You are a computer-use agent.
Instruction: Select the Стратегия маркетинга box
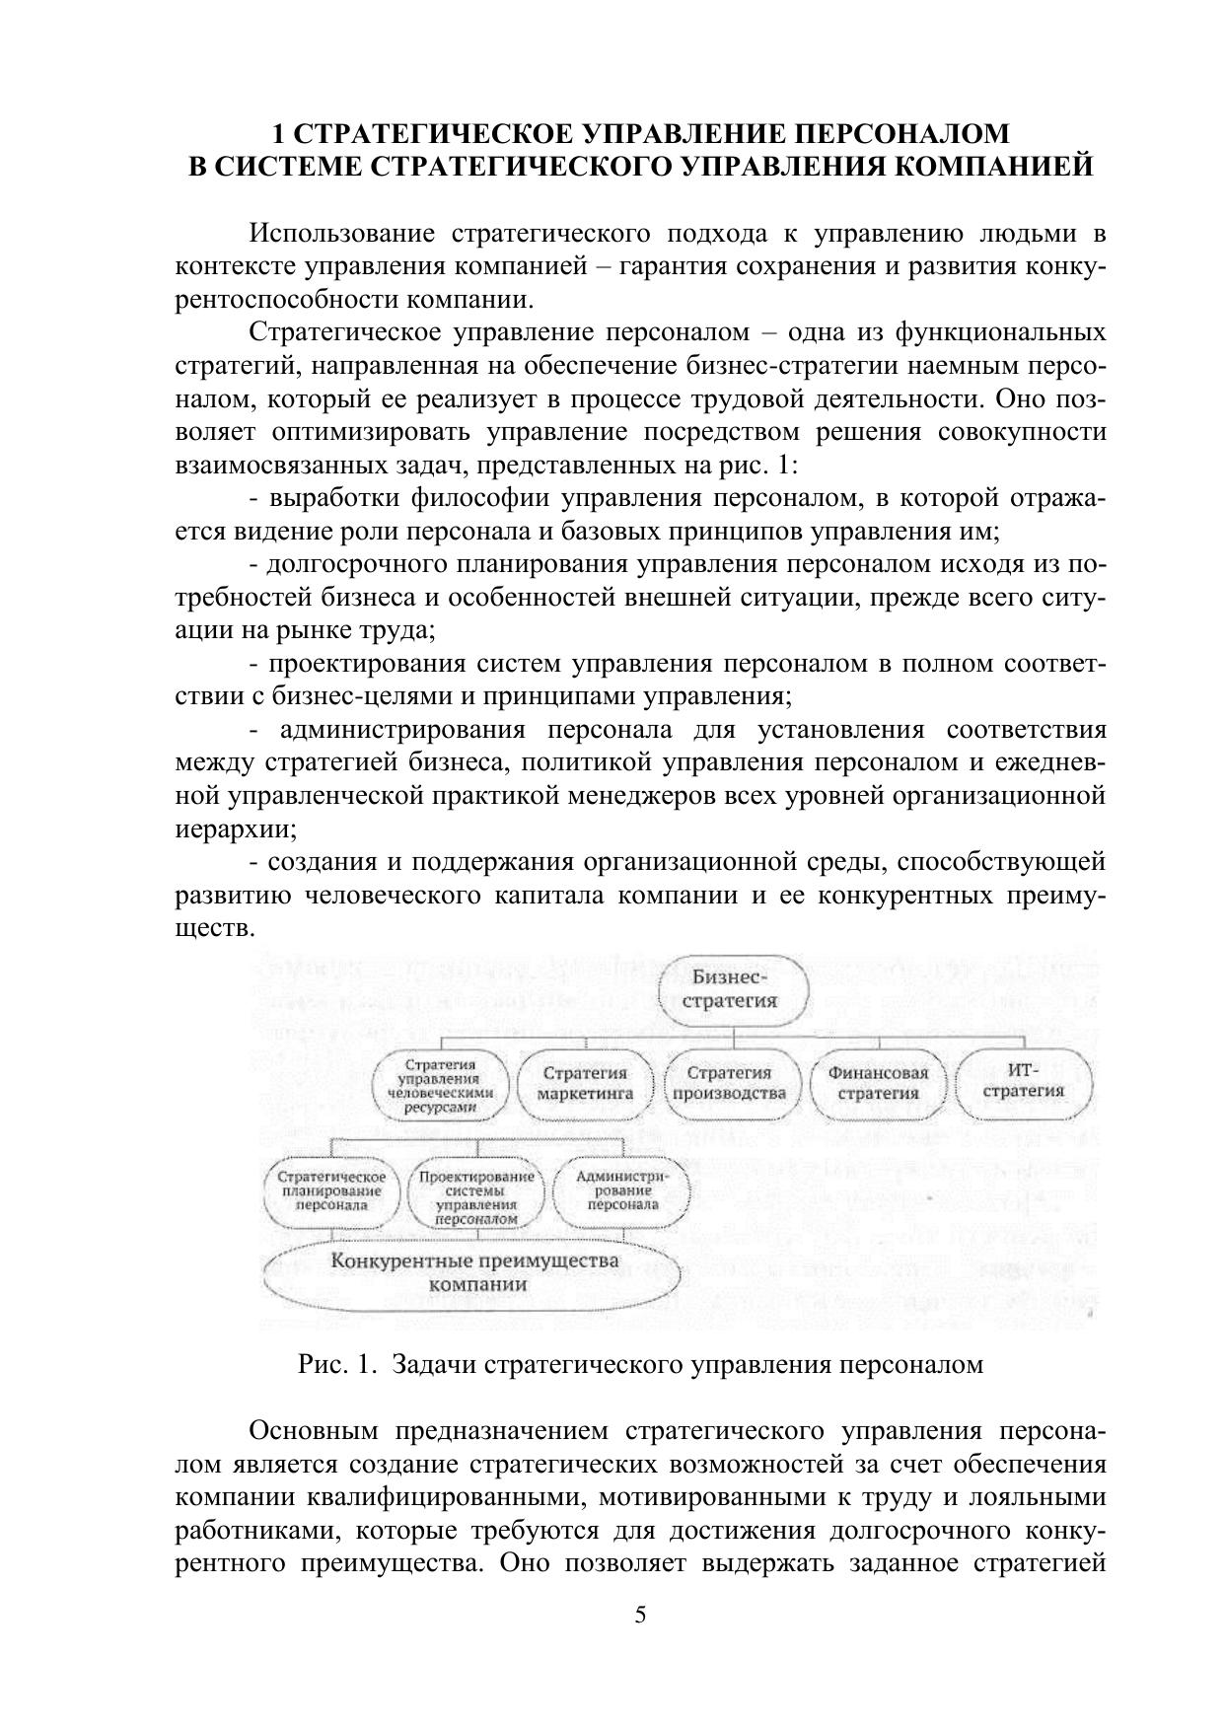coord(585,1083)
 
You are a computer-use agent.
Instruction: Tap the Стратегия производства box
coord(729,1083)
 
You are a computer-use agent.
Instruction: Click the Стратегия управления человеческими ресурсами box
coord(440,1086)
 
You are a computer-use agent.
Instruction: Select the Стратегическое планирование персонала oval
coord(331,1190)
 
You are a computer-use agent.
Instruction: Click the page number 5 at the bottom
coord(640,1615)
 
